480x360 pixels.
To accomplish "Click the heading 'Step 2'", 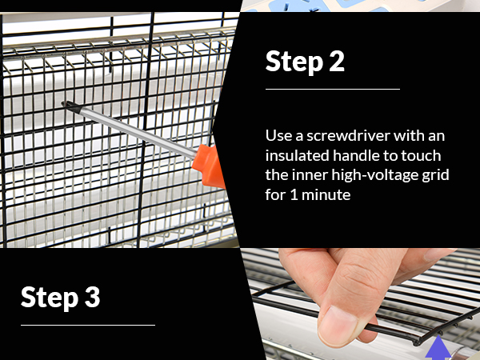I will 305,62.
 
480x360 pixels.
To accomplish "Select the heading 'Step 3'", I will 61,297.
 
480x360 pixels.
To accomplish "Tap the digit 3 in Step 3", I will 92,297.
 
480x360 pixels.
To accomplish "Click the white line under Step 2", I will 332,89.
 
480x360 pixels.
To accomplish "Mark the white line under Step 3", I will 88,325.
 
